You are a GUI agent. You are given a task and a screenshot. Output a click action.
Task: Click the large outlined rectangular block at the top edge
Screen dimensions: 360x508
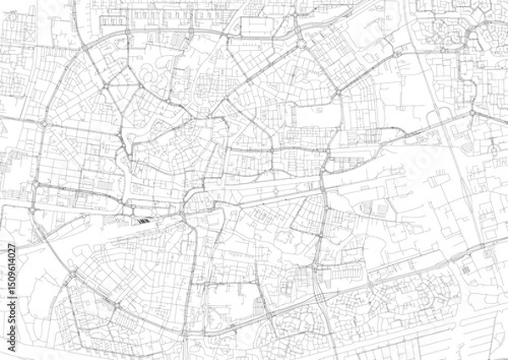[x=267, y=26]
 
